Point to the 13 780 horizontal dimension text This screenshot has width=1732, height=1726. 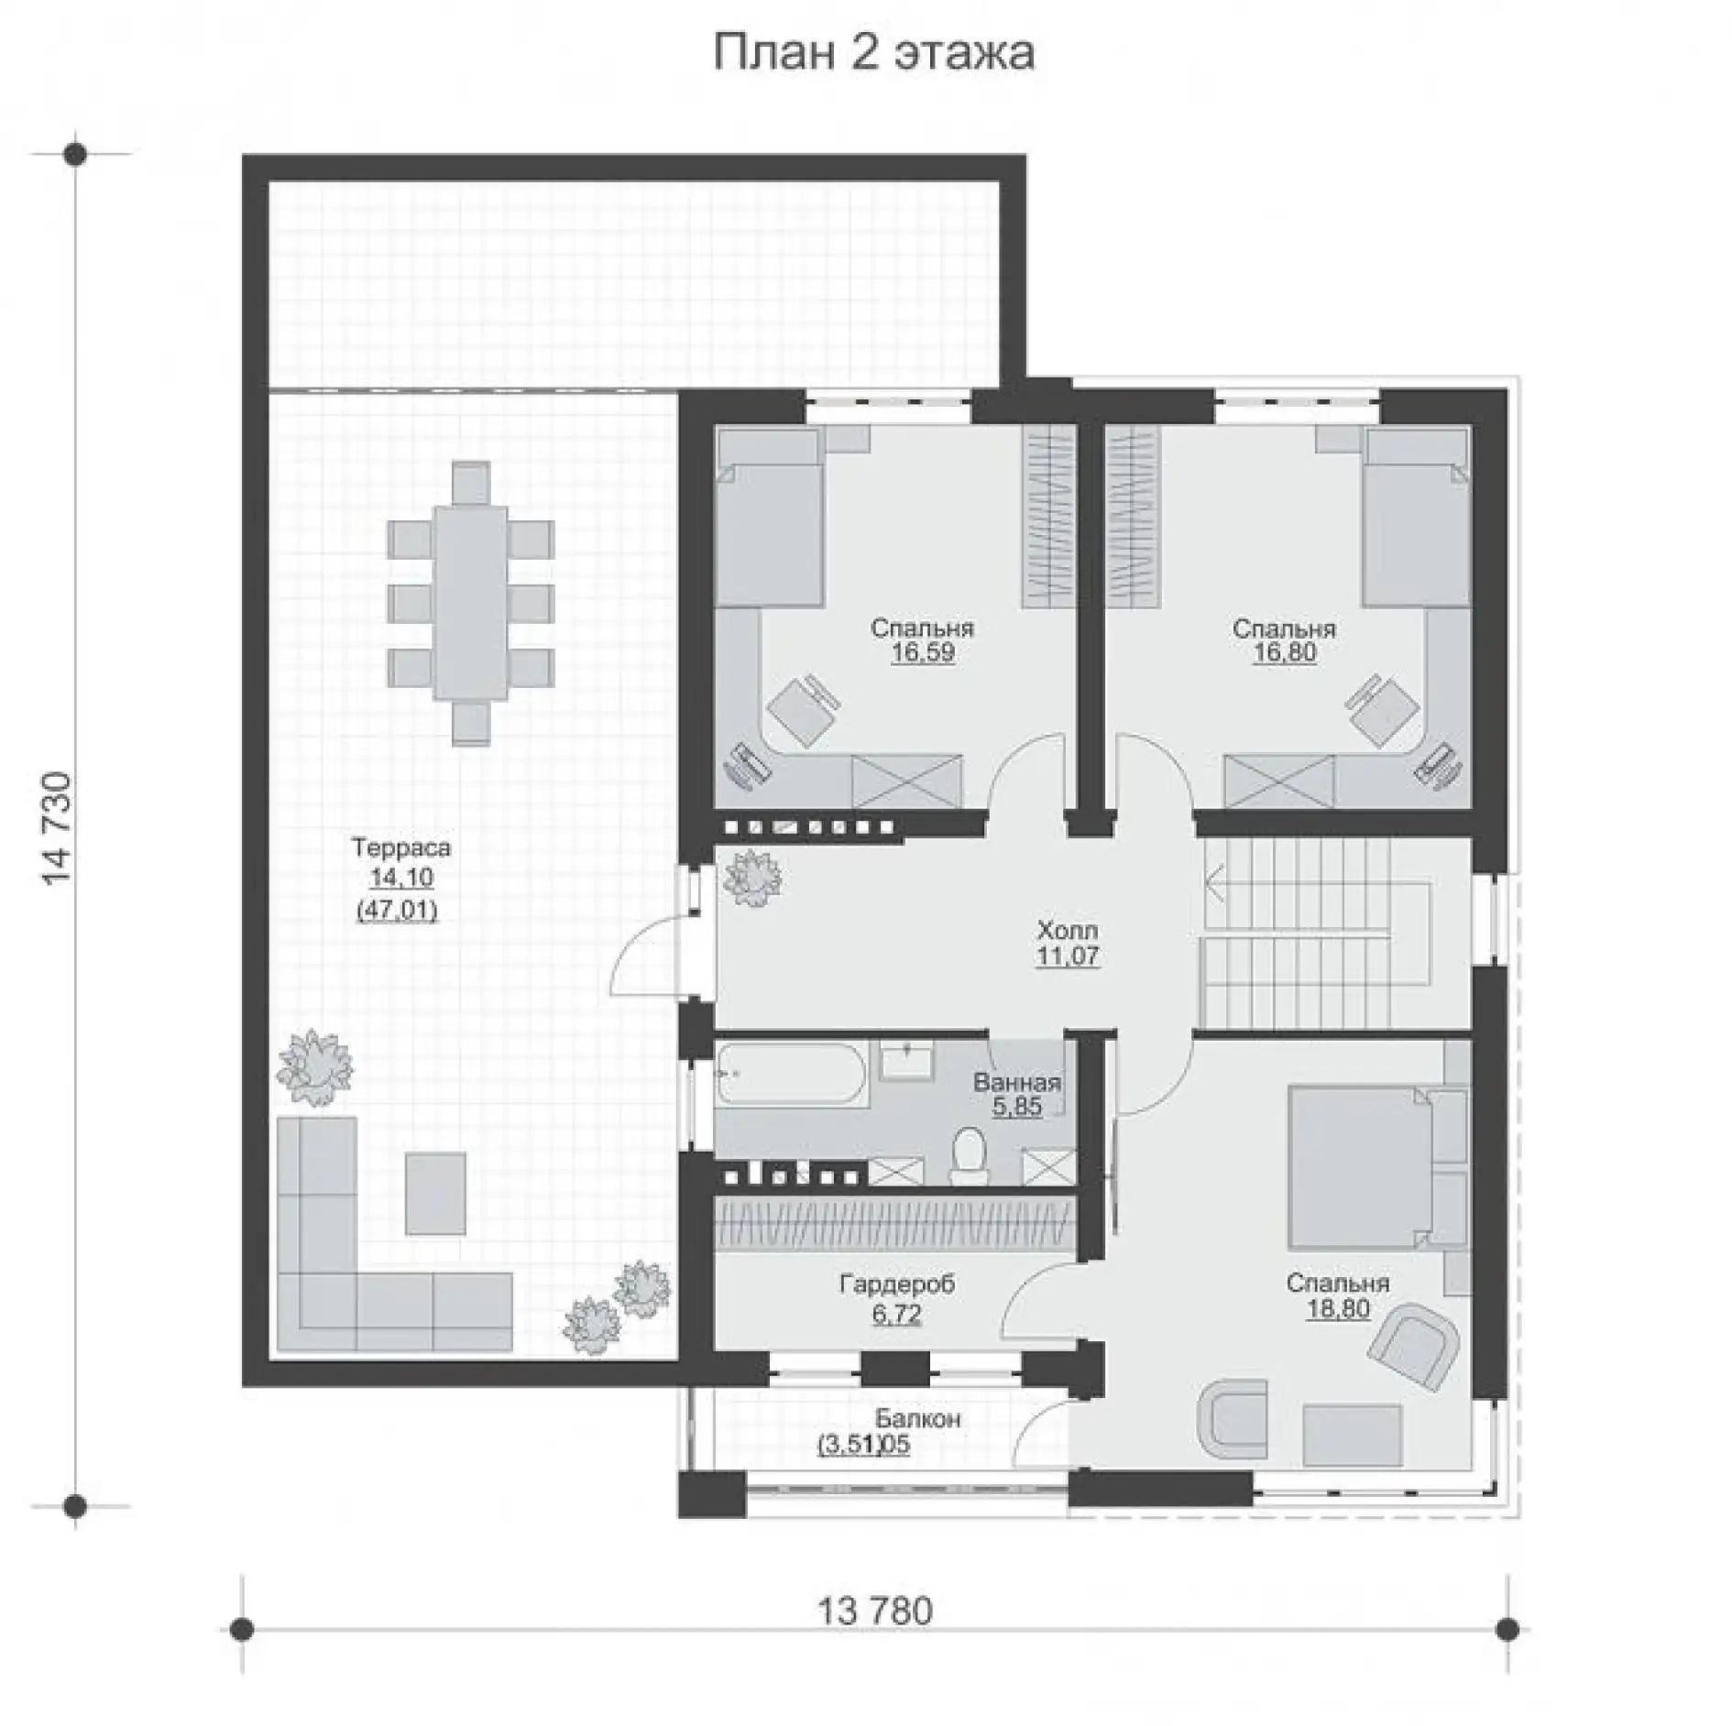[x=873, y=1635]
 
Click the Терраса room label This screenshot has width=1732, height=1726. [x=401, y=847]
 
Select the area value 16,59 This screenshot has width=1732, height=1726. [x=923, y=652]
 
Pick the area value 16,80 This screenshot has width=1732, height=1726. [x=1284, y=652]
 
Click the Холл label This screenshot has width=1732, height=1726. [x=1068, y=931]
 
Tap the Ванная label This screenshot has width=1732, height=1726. [x=1017, y=1082]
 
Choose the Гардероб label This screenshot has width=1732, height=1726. [x=897, y=1284]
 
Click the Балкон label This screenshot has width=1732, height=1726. [x=917, y=1419]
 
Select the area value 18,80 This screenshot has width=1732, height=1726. [x=1338, y=1308]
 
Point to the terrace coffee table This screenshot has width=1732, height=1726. [x=435, y=1193]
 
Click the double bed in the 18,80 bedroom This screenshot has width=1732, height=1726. [x=1360, y=1167]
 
